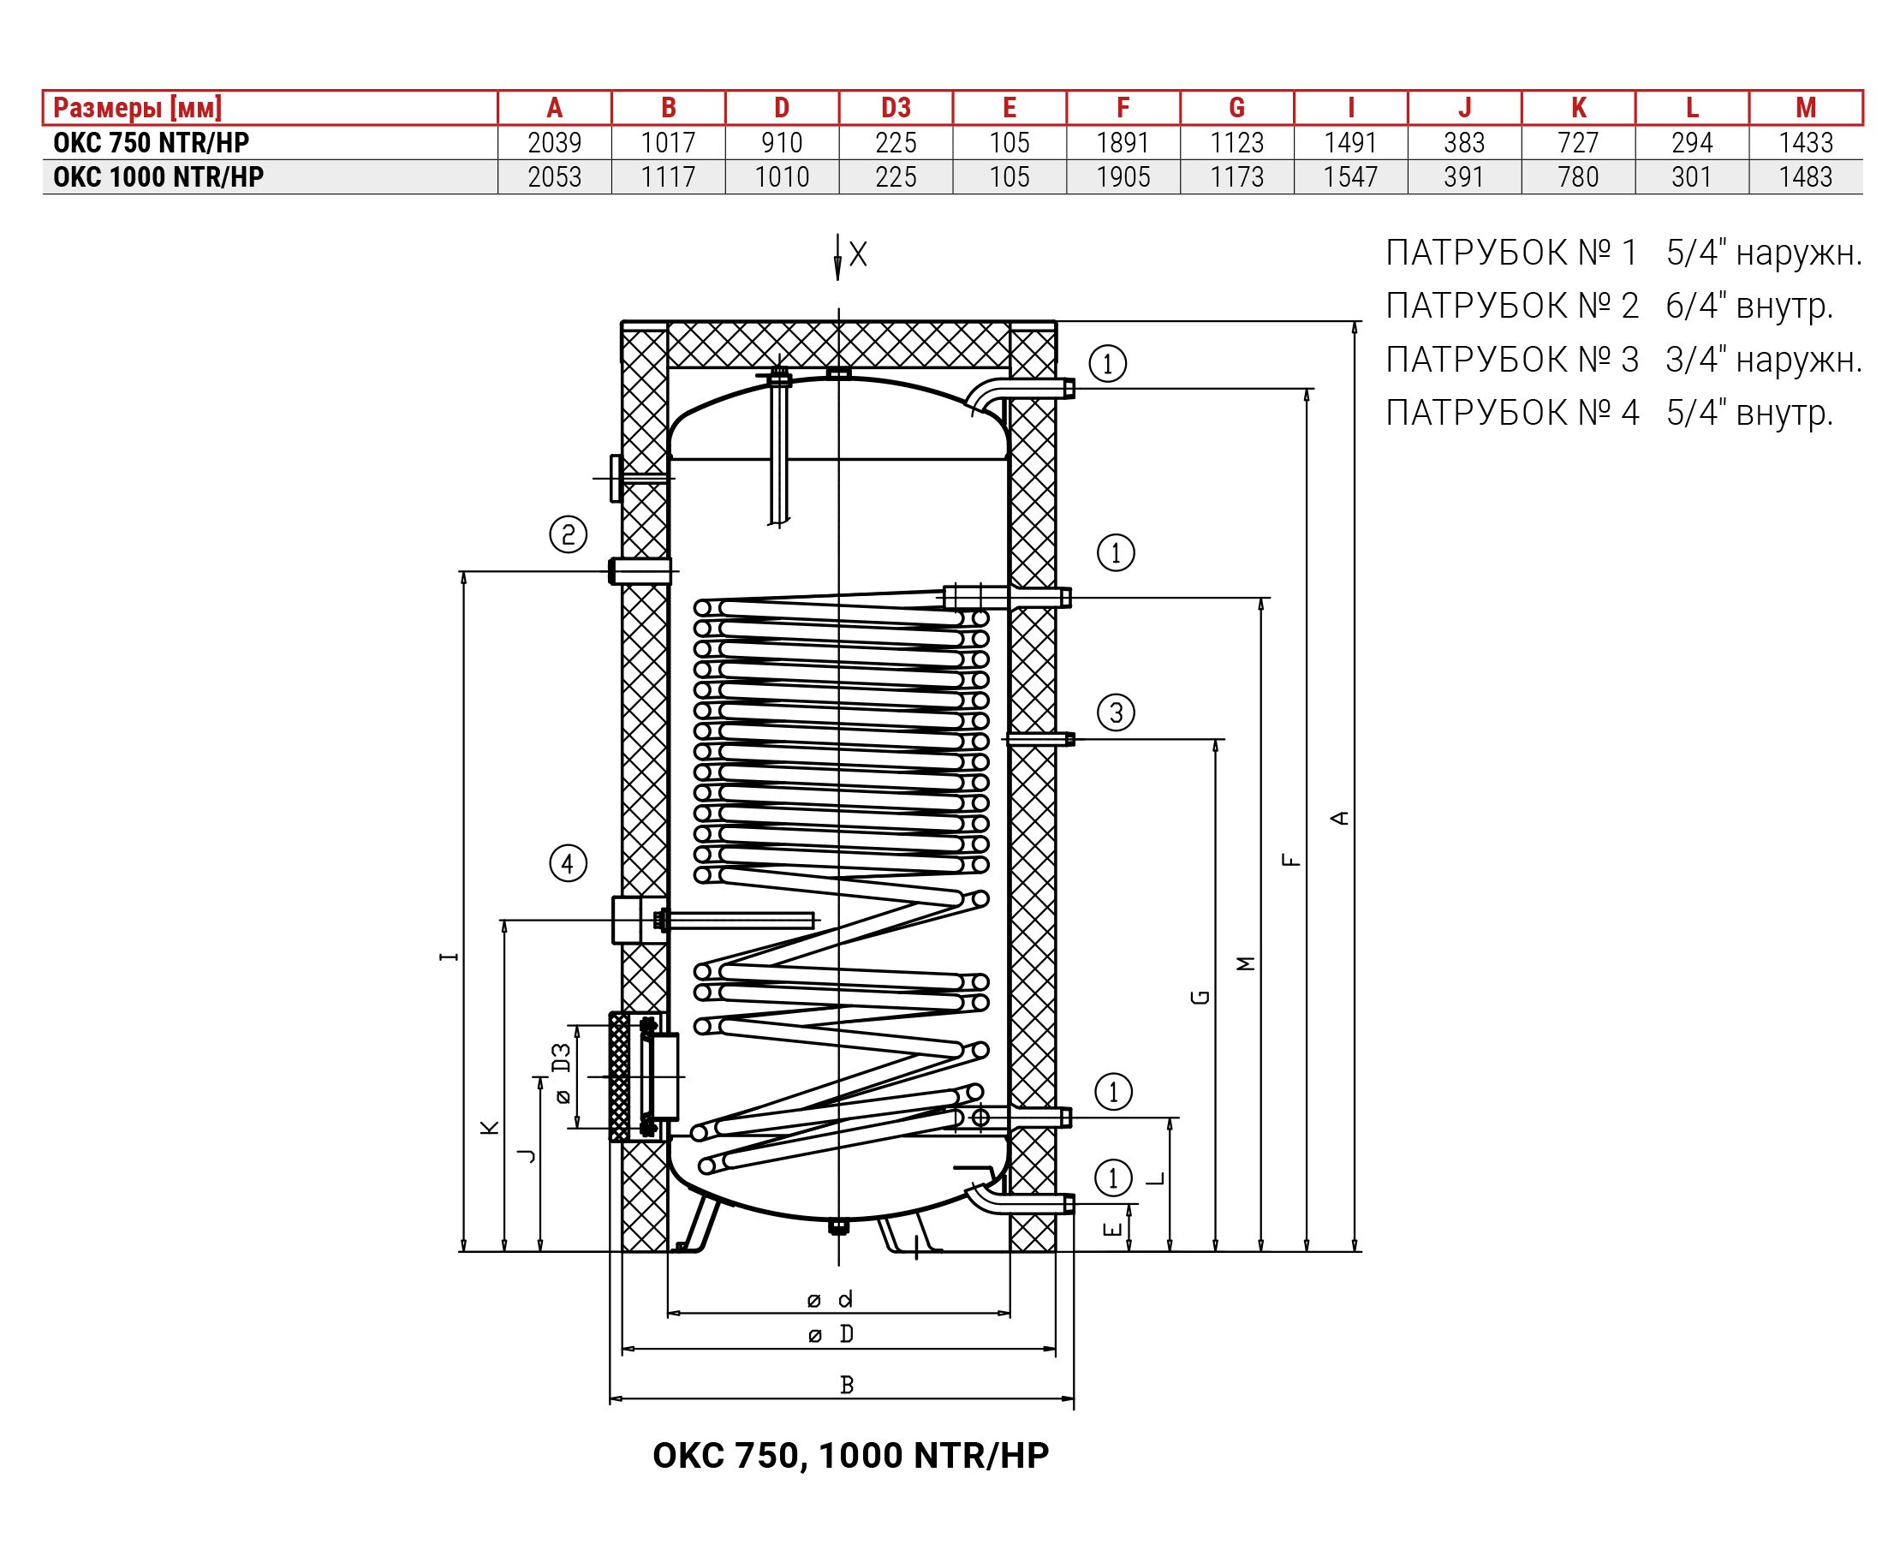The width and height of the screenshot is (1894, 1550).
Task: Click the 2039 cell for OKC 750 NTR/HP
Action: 554,143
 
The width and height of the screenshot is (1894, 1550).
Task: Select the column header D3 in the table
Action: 896,108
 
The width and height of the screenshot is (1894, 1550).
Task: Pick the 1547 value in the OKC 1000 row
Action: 1350,176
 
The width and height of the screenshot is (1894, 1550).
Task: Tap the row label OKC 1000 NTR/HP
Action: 158,176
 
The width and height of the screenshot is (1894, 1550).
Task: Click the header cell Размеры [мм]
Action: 138,108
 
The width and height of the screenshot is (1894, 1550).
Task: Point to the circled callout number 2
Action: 568,535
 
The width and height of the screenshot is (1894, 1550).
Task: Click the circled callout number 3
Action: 1116,712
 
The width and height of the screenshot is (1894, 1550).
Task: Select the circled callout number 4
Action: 568,863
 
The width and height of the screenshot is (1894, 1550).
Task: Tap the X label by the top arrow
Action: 858,255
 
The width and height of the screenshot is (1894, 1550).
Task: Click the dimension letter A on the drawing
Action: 1339,817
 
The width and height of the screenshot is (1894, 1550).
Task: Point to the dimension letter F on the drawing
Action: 1290,861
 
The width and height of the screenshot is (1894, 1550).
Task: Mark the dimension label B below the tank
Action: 847,1385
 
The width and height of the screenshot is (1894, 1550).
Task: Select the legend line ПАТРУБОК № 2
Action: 1512,307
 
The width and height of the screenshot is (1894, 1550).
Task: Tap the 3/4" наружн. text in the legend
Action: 1764,360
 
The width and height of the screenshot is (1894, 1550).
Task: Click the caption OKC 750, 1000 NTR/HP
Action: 850,1455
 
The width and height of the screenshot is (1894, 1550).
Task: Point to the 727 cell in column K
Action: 1578,143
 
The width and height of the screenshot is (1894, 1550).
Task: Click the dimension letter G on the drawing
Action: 1200,997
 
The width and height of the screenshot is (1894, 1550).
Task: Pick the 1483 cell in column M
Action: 1806,176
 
